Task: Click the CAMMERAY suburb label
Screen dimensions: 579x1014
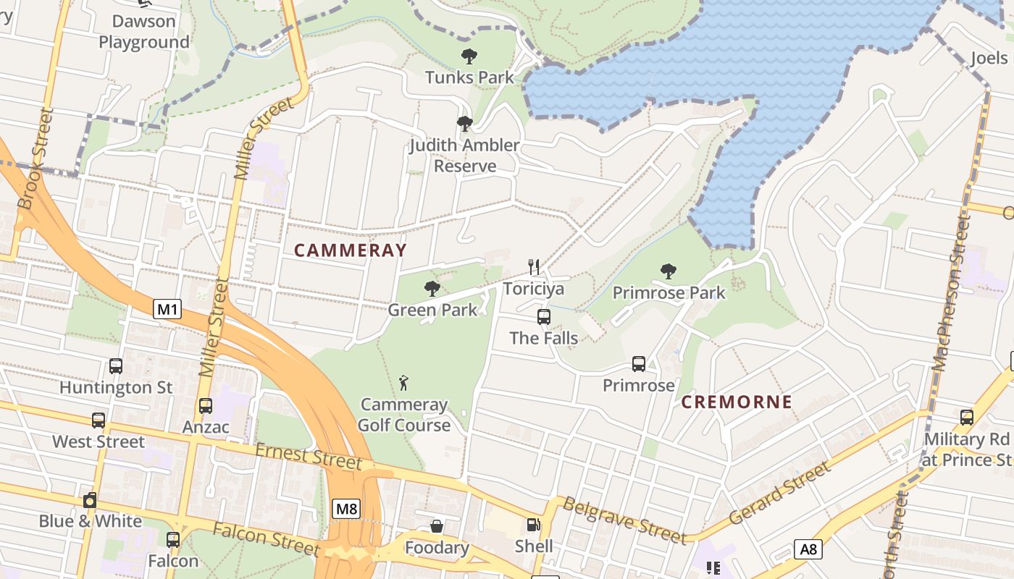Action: (x=351, y=250)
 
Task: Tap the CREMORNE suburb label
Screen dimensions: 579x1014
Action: (x=737, y=402)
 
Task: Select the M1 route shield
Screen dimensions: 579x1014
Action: (x=167, y=310)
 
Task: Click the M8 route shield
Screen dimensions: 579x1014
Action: (x=346, y=509)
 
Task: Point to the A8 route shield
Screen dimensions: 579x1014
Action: (x=808, y=549)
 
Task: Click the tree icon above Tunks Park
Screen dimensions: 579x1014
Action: (x=469, y=56)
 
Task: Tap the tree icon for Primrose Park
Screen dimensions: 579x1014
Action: (x=669, y=271)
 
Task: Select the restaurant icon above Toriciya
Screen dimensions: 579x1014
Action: (x=534, y=267)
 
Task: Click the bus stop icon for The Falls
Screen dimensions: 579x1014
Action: (x=544, y=317)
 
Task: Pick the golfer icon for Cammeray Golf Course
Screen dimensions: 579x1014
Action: (x=404, y=382)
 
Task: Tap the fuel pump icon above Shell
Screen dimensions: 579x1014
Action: (x=534, y=525)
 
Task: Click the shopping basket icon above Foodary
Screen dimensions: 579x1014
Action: (x=437, y=526)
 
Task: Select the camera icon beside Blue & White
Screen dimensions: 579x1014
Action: (x=90, y=500)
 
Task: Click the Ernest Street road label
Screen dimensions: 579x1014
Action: (x=308, y=456)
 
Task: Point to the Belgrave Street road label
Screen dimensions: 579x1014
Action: (x=624, y=520)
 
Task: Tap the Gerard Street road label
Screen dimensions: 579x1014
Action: (x=780, y=494)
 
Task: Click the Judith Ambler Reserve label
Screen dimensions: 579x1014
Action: (x=464, y=155)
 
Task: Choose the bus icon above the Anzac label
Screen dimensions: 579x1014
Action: (x=206, y=406)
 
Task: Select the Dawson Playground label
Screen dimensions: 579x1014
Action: (x=143, y=32)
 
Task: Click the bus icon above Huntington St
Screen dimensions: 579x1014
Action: (x=116, y=366)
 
